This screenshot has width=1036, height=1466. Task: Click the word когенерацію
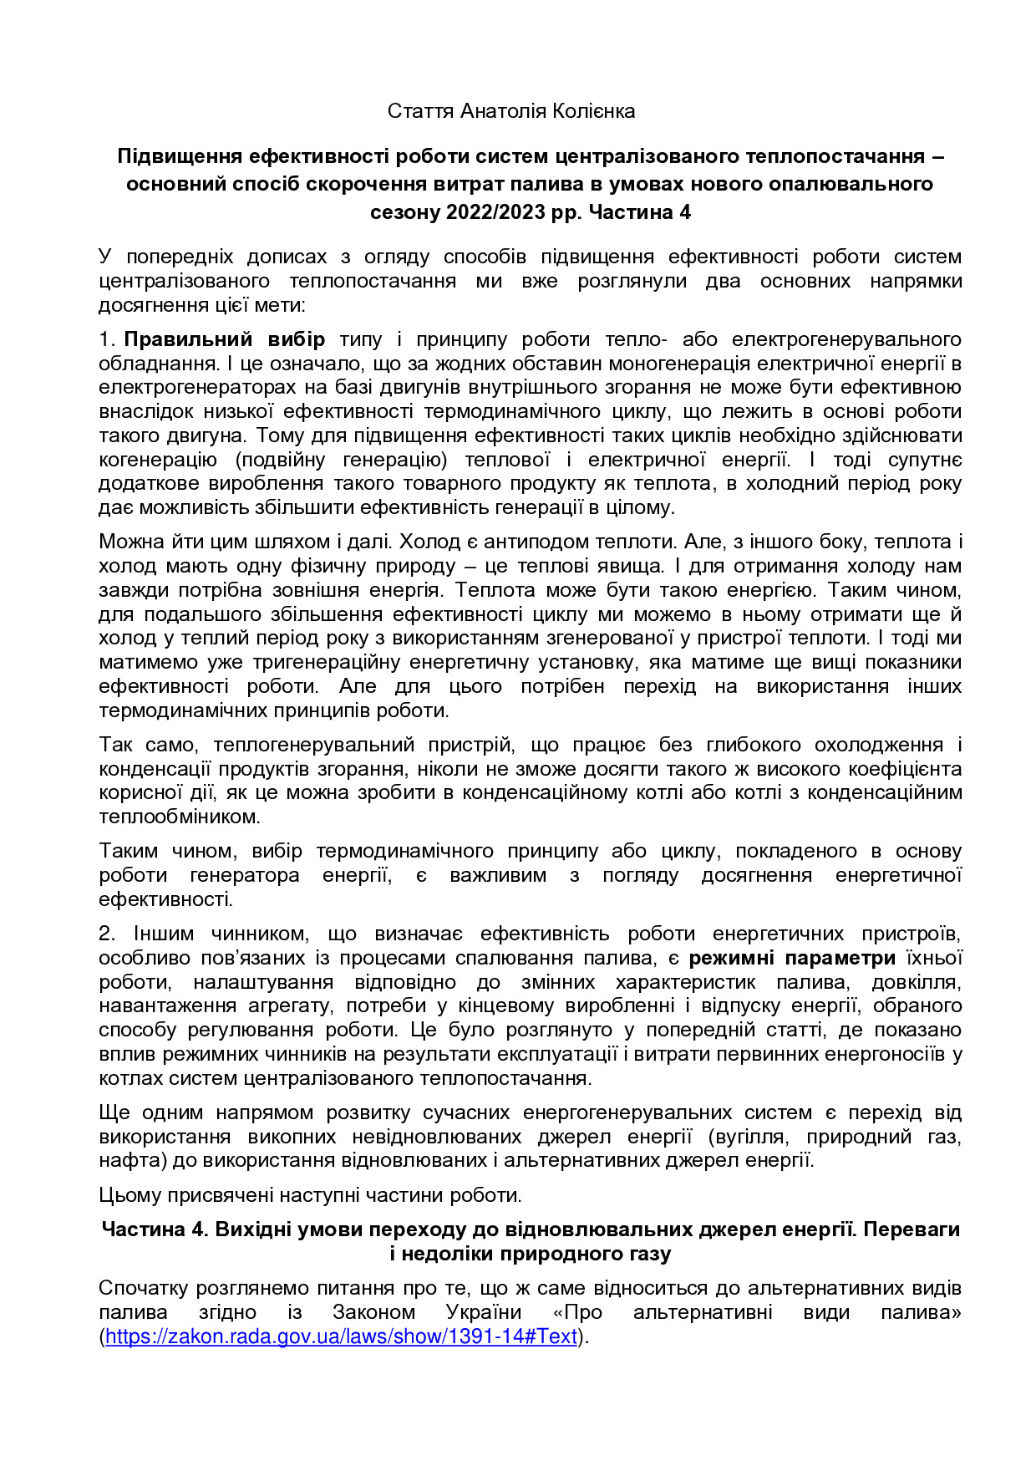tap(158, 460)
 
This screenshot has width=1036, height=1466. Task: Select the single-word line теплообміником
tap(180, 817)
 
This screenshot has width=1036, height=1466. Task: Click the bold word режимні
tap(733, 958)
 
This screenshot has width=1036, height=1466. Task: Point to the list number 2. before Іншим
tap(107, 934)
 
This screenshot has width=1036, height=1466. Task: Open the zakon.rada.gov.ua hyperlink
tap(341, 1336)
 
